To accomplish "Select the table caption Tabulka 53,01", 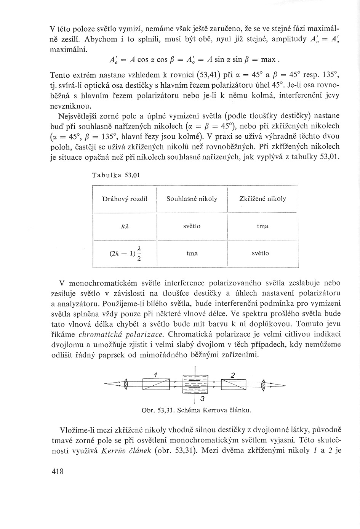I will pyautogui.click(x=116, y=175).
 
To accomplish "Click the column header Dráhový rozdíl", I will pyautogui.click(x=125, y=199).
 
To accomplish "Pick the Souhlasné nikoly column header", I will pyautogui.click(x=192, y=199).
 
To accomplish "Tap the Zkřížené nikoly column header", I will pyautogui.click(x=262, y=199).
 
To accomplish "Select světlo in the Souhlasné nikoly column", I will pyautogui.click(x=192, y=226).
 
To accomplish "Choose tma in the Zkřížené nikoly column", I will pyautogui.click(x=262, y=226).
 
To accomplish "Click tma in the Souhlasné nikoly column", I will pyautogui.click(x=192, y=253).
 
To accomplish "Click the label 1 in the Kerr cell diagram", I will pyautogui.click(x=155, y=375).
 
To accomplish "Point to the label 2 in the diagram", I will pyautogui.click(x=233, y=375).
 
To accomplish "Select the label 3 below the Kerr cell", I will pyautogui.click(x=202, y=399).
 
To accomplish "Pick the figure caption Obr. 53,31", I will pyautogui.click(x=196, y=410).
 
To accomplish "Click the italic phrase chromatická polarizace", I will pyautogui.click(x=121, y=335).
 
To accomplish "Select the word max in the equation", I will pyautogui.click(x=269, y=59).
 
